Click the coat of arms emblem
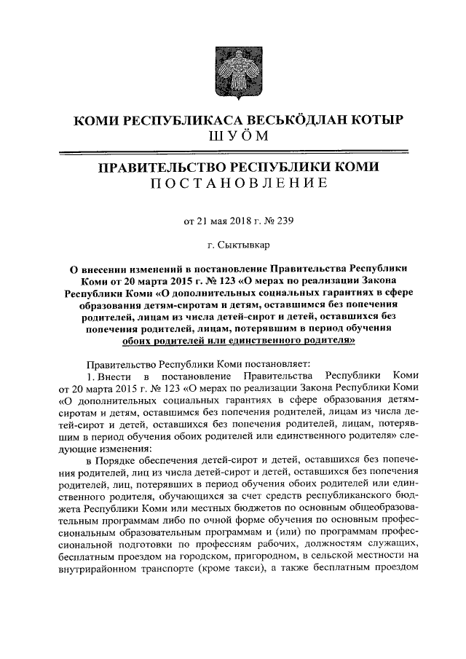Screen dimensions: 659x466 [x=233, y=68]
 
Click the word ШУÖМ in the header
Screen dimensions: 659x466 [x=233, y=136]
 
